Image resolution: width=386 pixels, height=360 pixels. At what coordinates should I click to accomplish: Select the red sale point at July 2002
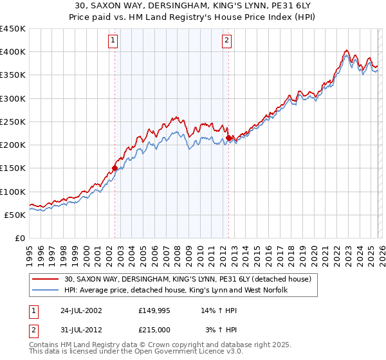(x=115, y=168)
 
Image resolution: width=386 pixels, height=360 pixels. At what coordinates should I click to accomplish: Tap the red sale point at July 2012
(x=228, y=138)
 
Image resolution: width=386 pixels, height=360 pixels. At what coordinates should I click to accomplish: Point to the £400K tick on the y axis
(x=13, y=52)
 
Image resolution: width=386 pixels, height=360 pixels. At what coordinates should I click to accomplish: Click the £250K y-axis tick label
(x=13, y=122)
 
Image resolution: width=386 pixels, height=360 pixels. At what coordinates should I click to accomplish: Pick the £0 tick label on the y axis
(x=20, y=238)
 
